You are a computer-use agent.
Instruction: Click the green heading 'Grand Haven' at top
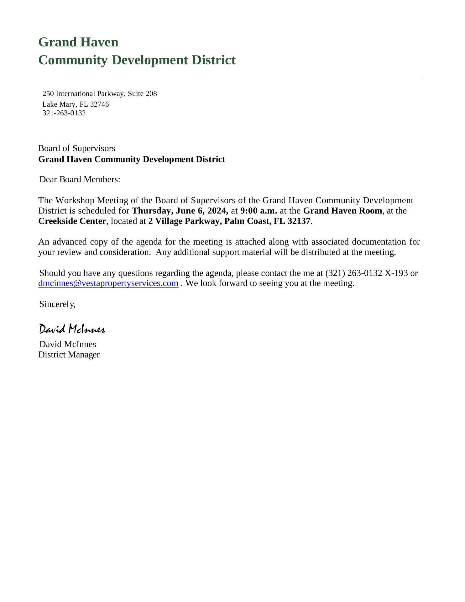tap(78, 42)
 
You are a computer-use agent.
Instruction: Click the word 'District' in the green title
tap(215, 60)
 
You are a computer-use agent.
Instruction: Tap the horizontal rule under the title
tap(232, 79)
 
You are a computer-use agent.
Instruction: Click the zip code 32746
tap(99, 104)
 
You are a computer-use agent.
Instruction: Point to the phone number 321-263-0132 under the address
tap(64, 113)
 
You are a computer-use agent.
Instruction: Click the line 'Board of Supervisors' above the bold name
tap(77, 148)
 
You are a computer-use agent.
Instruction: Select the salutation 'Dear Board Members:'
tap(80, 179)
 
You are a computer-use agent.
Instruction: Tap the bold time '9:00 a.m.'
tap(259, 211)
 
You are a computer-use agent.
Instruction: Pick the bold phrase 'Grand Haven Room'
tap(342, 211)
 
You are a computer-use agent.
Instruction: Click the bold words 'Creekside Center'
tap(72, 221)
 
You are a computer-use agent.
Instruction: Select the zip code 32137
tap(299, 221)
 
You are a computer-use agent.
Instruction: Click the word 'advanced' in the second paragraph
tap(70, 242)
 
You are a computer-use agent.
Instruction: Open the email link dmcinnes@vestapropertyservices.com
tap(108, 283)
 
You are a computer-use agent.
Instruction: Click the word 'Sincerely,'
tap(57, 304)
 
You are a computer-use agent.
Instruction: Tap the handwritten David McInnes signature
tap(72, 329)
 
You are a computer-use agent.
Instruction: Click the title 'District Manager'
tap(69, 355)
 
